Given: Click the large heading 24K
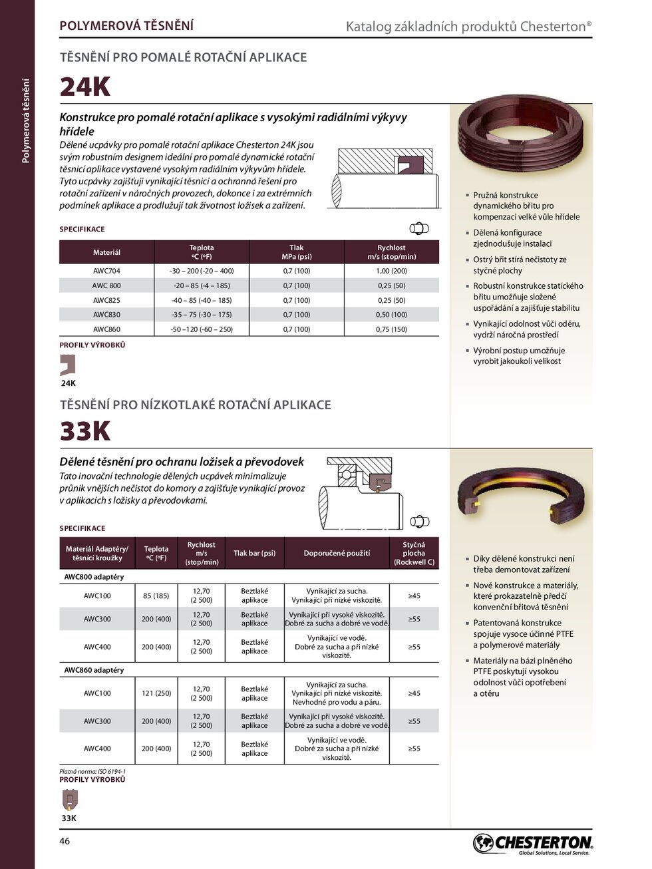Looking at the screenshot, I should click(85, 87).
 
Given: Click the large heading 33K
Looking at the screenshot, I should click(85, 432).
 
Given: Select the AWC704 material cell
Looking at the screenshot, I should click(106, 271).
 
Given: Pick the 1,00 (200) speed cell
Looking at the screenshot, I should click(391, 271).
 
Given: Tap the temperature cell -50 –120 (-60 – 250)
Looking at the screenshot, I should click(202, 329).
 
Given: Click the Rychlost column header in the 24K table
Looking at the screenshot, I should click(391, 252).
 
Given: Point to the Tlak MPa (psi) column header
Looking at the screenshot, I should click(297, 252).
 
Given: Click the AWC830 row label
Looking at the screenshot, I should click(106, 315).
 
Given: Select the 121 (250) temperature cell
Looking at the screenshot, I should click(156, 693).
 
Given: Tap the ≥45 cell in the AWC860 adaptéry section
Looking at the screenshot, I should click(414, 693).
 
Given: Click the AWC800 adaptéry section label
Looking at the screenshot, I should click(94, 577).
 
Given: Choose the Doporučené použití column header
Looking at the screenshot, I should click(337, 553).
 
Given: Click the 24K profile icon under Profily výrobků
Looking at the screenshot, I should click(68, 365).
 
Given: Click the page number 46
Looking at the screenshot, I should click(65, 841).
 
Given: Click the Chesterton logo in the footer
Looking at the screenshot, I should click(532, 844).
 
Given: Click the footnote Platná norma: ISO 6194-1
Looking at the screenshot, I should click(92, 772).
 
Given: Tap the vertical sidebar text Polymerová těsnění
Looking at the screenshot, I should click(26, 120).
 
